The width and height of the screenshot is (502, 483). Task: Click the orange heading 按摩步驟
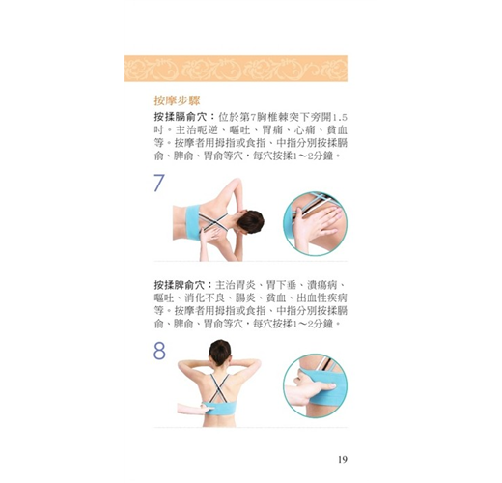pyautogui.click(x=177, y=100)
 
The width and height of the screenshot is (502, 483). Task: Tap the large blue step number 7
pyautogui.click(x=159, y=183)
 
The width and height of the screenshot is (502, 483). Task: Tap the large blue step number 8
pyautogui.click(x=159, y=351)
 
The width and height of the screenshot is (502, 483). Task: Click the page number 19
pyautogui.click(x=343, y=459)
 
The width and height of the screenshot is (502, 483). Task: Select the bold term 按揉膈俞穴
pyautogui.click(x=180, y=117)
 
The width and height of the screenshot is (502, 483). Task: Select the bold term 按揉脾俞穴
pyautogui.click(x=180, y=285)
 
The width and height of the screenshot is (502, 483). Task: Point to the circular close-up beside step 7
pyautogui.click(x=315, y=223)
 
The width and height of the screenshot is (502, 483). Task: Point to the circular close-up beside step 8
pyautogui.click(x=315, y=385)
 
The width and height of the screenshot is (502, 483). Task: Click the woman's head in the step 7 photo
pyautogui.click(x=250, y=222)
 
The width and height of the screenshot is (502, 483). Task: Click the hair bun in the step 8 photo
pyautogui.click(x=220, y=348)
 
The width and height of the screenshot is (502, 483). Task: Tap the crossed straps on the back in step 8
pyautogui.click(x=219, y=388)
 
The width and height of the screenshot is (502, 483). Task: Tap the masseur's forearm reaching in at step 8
pyautogui.click(x=190, y=409)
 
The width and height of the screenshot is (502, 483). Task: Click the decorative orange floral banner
pyautogui.click(x=236, y=69)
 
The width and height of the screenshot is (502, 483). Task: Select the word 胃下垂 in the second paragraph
pyautogui.click(x=277, y=285)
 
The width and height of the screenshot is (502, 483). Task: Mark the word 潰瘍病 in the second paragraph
pyautogui.click(x=321, y=285)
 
